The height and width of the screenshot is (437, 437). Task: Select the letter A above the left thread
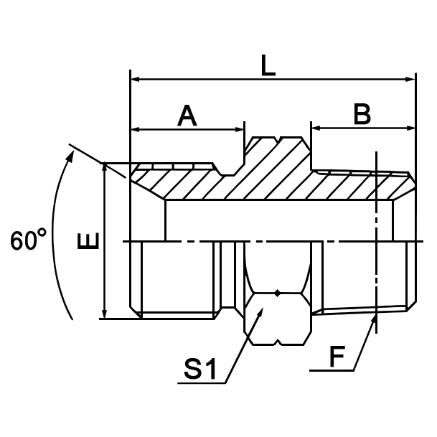[x=187, y=116]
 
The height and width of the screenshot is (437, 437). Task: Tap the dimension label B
[x=362, y=113]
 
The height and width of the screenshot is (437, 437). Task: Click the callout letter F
[x=334, y=356]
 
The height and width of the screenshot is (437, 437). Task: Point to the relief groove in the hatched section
[x=230, y=171]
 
